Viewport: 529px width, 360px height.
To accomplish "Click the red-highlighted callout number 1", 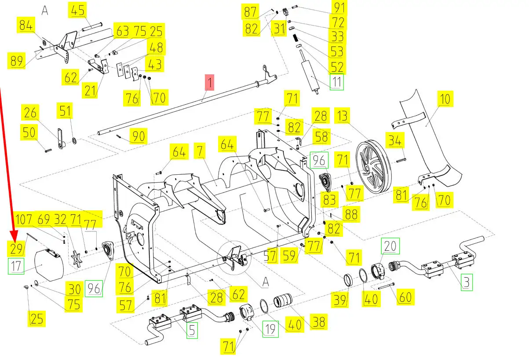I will tap(210, 82).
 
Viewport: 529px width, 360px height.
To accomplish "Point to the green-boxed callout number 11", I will tap(337, 82).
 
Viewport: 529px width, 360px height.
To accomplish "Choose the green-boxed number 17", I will tap(16, 266).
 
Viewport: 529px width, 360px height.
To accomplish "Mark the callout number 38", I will tap(318, 322).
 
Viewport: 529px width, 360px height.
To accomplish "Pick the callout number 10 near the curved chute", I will tap(445, 99).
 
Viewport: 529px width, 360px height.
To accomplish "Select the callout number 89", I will tap(16, 61).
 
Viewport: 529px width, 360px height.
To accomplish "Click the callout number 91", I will tap(340, 7).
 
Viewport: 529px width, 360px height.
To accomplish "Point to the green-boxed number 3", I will tap(467, 282).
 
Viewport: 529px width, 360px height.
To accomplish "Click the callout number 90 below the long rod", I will tap(139, 136).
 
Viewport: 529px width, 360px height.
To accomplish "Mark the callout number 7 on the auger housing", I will tap(201, 151).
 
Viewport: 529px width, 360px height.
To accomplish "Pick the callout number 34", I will tap(394, 141).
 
